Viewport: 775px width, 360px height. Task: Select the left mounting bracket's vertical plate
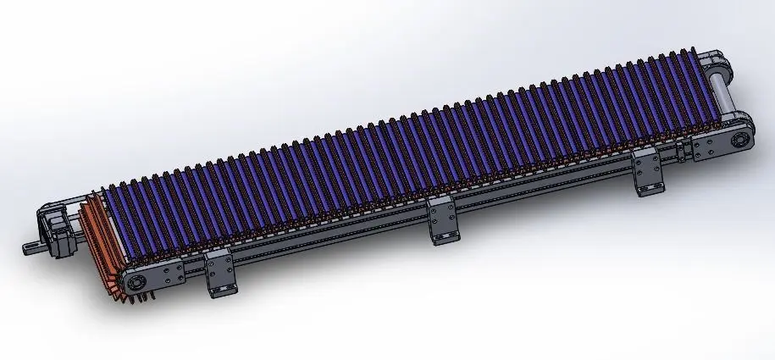tap(219, 269)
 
